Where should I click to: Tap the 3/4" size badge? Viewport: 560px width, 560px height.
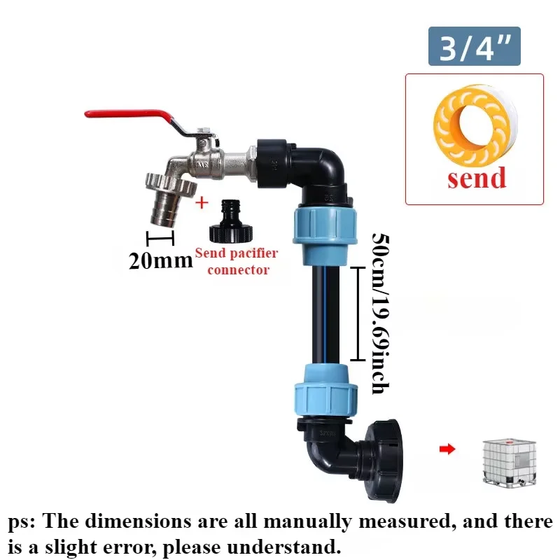tap(475, 46)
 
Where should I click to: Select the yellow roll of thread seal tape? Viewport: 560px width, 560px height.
tap(475, 126)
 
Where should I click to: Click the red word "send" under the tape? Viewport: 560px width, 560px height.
tap(477, 178)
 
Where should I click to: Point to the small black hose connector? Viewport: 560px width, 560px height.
tap(232, 220)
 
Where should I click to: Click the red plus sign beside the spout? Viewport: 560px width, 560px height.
tap(202, 203)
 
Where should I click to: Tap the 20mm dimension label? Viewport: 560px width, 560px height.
tap(161, 260)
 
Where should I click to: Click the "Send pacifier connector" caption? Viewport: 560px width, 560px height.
tap(237, 261)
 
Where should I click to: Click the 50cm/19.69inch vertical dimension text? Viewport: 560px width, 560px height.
tap(380, 314)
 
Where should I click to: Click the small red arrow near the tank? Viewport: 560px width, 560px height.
tap(447, 449)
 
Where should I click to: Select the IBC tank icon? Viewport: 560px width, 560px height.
tap(510, 462)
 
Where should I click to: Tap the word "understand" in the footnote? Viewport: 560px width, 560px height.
tap(284, 547)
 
